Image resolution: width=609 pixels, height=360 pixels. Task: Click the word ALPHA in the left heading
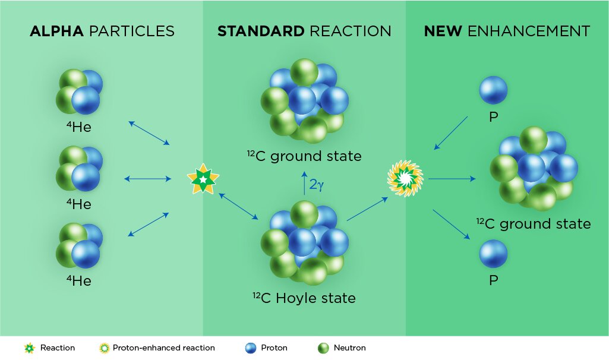(56, 31)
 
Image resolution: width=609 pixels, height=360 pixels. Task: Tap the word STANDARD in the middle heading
(261, 31)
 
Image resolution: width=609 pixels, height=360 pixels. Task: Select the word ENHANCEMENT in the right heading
(529, 31)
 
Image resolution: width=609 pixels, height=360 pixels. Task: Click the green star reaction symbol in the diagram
(203, 179)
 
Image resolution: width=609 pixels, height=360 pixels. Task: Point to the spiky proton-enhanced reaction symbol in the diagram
(405, 179)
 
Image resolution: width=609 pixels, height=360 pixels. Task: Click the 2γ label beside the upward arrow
(316, 185)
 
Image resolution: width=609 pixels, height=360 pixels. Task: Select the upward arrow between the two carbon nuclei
(304, 183)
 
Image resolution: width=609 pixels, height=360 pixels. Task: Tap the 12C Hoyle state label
(304, 298)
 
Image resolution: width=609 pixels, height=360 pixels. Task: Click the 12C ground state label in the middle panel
(304, 156)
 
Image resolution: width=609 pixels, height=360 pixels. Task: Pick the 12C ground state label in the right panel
(534, 223)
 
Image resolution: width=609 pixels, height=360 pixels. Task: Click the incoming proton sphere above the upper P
(493, 90)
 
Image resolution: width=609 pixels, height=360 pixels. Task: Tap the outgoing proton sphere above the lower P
(493, 254)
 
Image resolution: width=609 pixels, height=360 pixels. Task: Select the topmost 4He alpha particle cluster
(79, 91)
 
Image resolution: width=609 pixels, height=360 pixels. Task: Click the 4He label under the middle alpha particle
(79, 204)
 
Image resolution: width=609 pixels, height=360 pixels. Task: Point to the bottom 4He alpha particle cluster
(79, 245)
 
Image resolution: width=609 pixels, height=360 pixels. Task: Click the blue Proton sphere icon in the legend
(251, 348)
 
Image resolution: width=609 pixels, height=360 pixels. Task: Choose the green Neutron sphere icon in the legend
(323, 348)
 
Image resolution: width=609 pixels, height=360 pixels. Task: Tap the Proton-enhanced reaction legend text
(163, 348)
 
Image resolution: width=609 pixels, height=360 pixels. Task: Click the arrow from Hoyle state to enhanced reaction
(367, 209)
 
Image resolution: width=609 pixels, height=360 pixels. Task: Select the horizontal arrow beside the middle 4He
(147, 179)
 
